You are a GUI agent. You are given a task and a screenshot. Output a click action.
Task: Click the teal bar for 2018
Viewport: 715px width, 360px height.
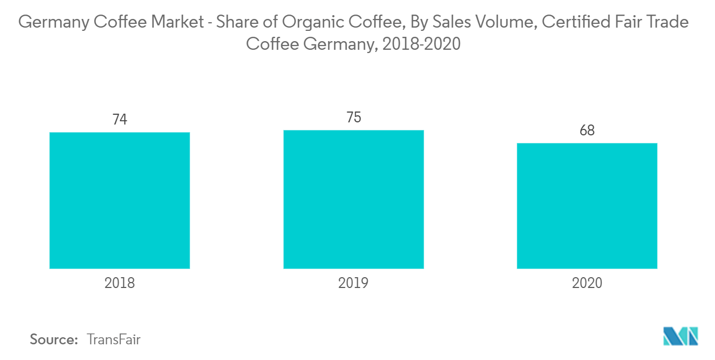click(120, 200)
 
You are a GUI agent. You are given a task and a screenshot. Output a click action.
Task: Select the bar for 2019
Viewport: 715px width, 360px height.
click(354, 199)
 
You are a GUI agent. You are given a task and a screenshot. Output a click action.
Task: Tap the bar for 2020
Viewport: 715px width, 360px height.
click(587, 206)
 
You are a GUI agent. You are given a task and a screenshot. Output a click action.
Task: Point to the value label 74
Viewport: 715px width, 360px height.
click(120, 119)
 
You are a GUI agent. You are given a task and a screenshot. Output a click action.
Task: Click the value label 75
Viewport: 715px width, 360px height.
click(354, 117)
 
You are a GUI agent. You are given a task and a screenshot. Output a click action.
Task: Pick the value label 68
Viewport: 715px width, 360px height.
click(587, 130)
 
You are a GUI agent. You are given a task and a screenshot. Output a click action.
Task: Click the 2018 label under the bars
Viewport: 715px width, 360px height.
click(120, 283)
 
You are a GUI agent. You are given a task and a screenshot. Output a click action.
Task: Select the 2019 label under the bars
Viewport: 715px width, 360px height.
click(353, 283)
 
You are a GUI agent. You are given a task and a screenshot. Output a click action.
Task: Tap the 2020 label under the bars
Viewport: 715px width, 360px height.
click(587, 283)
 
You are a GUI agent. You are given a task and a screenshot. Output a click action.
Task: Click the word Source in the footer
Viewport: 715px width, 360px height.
click(54, 339)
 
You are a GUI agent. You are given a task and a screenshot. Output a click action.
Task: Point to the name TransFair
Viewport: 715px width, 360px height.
click(114, 339)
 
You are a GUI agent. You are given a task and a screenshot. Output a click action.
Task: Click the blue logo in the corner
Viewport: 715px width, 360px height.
click(681, 336)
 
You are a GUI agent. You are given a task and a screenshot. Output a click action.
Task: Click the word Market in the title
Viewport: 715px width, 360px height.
click(178, 22)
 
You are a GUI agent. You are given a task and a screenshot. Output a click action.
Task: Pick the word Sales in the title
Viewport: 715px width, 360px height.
click(451, 22)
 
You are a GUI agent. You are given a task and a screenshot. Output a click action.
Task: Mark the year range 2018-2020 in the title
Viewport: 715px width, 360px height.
click(421, 44)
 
